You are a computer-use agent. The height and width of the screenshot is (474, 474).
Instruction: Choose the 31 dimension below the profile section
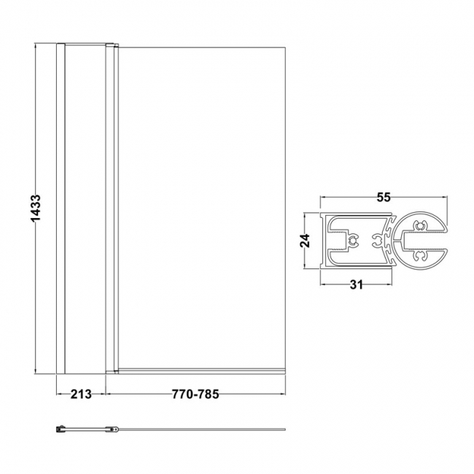357,284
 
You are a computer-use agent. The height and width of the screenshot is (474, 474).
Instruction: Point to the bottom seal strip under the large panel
201,370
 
